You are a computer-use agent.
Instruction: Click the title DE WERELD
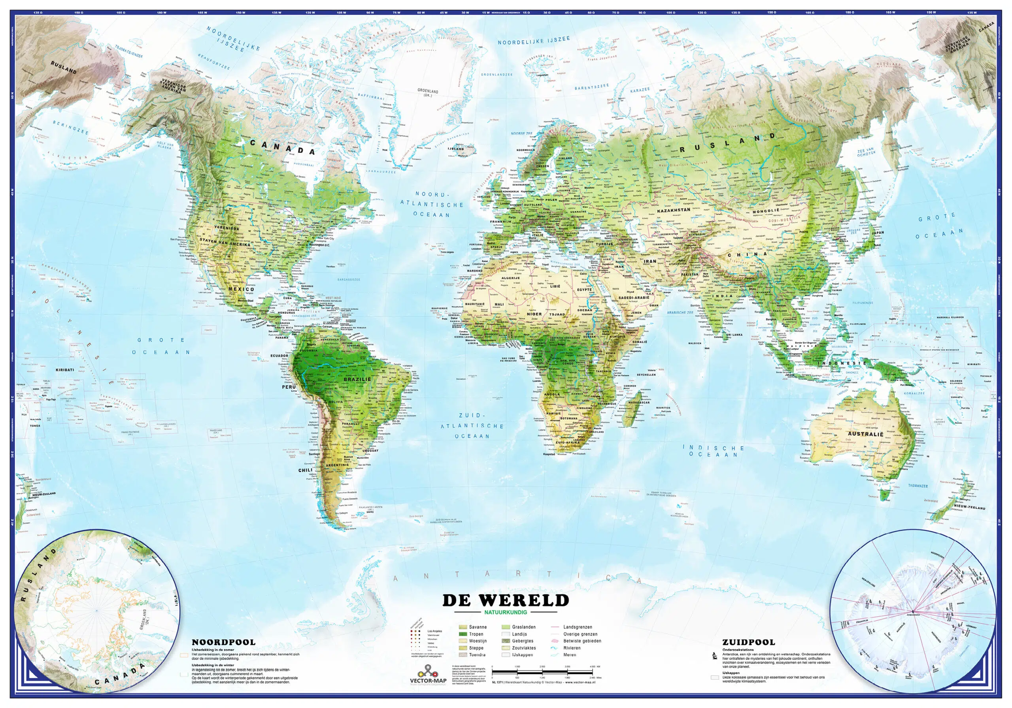[506, 601]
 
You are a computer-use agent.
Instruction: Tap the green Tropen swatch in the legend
[463, 634]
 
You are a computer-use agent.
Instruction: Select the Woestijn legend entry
[476, 641]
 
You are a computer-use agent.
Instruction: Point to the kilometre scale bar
[542, 672]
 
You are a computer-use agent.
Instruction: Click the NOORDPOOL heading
[223, 642]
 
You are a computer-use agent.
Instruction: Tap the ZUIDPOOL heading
[748, 642]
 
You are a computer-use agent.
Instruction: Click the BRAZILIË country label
[357, 379]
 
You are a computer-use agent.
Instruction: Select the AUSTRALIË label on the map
[866, 434]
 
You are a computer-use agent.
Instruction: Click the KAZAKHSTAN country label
[674, 210]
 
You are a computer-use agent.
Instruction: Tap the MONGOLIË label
[766, 211]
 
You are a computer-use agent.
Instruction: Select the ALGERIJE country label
[511, 278]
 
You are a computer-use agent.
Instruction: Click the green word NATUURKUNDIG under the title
[506, 612]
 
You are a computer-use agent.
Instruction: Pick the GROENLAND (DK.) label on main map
[428, 93]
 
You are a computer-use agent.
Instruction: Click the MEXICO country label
[241, 289]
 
